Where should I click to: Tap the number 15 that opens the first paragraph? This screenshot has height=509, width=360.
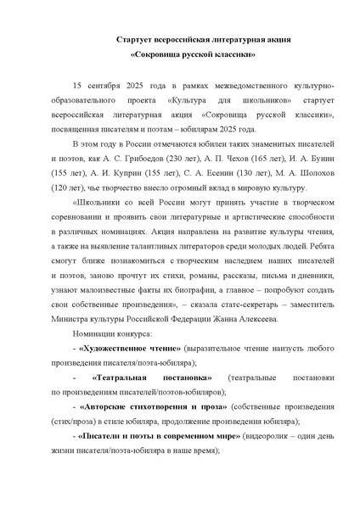point(80,87)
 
